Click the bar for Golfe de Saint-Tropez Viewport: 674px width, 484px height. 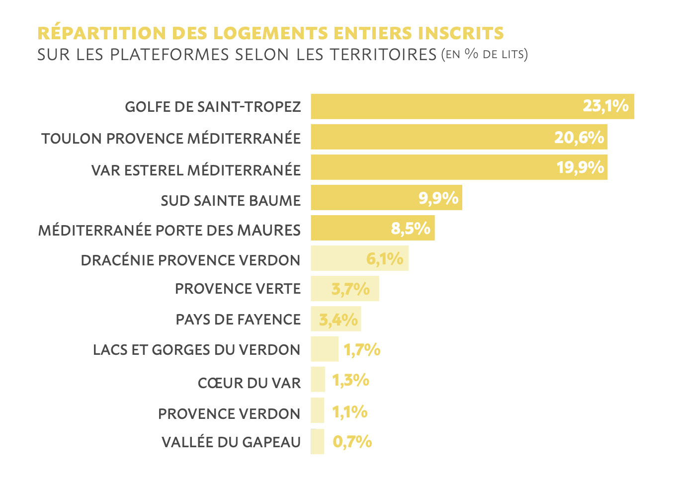click(447, 106)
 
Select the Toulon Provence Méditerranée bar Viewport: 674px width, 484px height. click(432, 137)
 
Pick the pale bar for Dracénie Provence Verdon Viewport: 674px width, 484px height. click(338, 258)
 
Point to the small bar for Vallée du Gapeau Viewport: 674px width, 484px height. click(318, 441)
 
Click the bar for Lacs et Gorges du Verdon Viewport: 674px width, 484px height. click(325, 349)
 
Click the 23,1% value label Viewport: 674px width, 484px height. click(605, 106)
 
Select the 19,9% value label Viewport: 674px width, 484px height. click(580, 167)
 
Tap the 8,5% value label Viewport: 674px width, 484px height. click(411, 229)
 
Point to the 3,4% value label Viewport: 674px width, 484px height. click(338, 320)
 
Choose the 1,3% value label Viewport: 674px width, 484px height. click(350, 380)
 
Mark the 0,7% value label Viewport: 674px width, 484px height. click(352, 441)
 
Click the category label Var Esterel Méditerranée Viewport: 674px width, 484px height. click(196, 170)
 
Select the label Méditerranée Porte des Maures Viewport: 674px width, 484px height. click(169, 231)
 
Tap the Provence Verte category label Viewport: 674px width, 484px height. click(238, 289)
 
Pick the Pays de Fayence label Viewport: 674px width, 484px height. click(238, 320)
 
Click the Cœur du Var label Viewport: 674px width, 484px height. click(249, 383)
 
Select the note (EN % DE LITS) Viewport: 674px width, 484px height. click(484, 54)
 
